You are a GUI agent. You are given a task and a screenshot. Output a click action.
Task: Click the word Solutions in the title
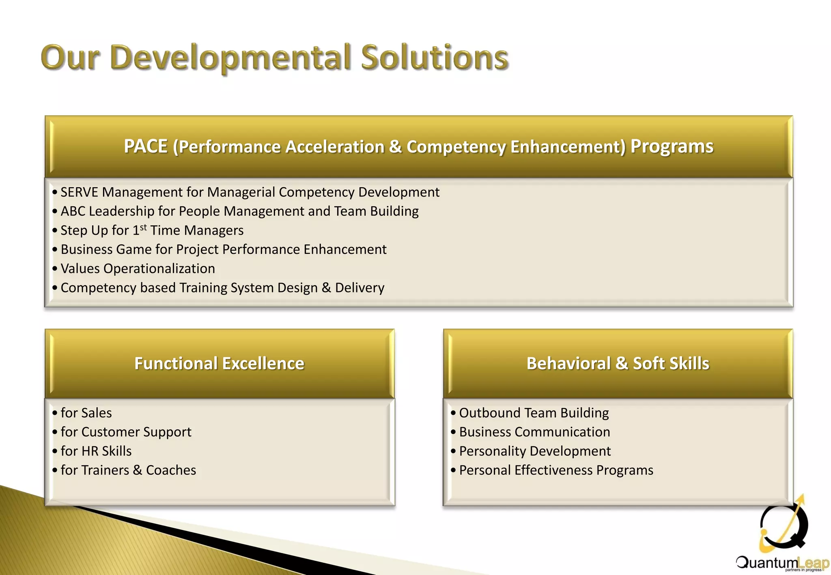(434, 58)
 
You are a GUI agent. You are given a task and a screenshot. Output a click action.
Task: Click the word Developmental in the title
(230, 58)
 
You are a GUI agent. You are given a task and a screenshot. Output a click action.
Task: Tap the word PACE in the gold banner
(146, 146)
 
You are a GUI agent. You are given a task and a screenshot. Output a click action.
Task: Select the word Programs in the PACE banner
(672, 146)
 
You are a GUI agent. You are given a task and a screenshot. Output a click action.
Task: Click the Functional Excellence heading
(219, 363)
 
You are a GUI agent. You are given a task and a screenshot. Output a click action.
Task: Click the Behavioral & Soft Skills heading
(618, 363)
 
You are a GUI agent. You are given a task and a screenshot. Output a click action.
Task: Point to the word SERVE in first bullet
(79, 192)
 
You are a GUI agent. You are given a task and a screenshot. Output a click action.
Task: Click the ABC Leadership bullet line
(239, 211)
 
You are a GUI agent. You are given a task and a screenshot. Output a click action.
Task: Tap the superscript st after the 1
(143, 227)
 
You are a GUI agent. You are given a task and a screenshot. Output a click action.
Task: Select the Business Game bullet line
(223, 249)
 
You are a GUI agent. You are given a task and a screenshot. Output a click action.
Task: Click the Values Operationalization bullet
(138, 268)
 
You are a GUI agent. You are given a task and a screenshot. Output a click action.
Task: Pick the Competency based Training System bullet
(222, 287)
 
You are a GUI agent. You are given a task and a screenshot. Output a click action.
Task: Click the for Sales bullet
(86, 413)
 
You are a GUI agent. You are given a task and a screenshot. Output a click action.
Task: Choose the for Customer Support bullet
(126, 432)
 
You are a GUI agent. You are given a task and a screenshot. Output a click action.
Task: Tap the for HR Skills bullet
(96, 451)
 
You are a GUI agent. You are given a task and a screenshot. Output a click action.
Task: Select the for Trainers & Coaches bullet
(128, 470)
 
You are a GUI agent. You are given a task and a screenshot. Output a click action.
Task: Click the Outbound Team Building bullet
(534, 413)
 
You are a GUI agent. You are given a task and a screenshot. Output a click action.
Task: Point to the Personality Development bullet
(535, 451)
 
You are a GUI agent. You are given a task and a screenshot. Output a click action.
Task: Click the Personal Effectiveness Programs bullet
(556, 470)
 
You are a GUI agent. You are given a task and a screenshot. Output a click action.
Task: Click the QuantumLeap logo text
(781, 563)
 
